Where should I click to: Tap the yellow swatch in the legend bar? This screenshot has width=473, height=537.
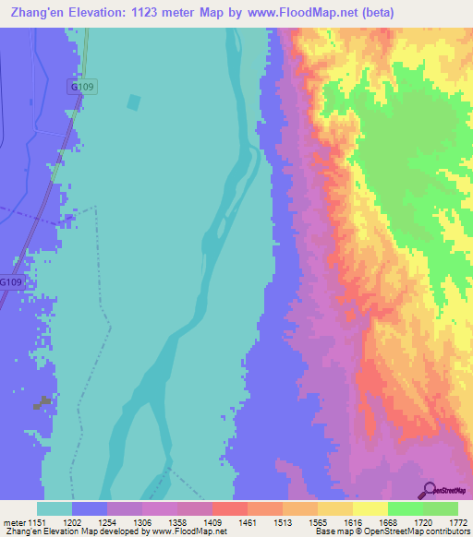pyautogui.click(x=370, y=508)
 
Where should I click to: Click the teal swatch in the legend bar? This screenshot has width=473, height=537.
pyautogui.click(x=55, y=508)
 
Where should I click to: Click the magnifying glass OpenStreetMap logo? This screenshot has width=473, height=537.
pyautogui.click(x=430, y=490)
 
